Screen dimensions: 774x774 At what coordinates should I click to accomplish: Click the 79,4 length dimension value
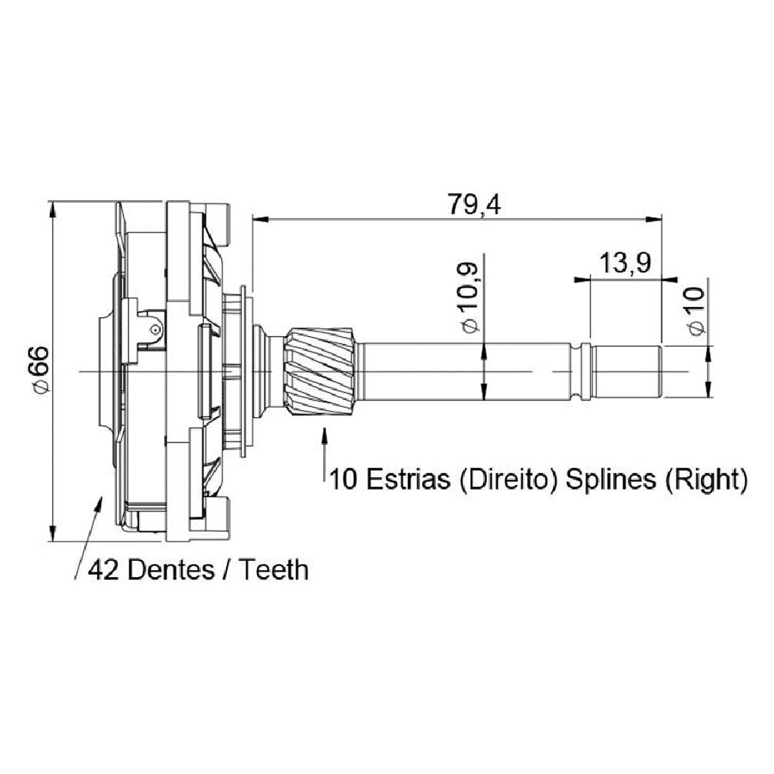[474, 205]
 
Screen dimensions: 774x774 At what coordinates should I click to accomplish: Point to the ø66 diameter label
[41, 370]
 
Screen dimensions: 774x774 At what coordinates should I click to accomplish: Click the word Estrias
[409, 479]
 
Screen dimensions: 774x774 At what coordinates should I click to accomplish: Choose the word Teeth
[274, 570]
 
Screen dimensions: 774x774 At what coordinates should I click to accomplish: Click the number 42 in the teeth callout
[103, 571]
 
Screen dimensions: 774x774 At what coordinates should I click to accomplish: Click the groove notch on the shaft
[582, 371]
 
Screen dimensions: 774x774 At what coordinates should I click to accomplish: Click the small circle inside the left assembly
[155, 329]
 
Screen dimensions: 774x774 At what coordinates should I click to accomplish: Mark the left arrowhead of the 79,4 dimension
[260, 219]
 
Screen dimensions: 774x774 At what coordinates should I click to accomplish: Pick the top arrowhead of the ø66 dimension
[52, 210]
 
